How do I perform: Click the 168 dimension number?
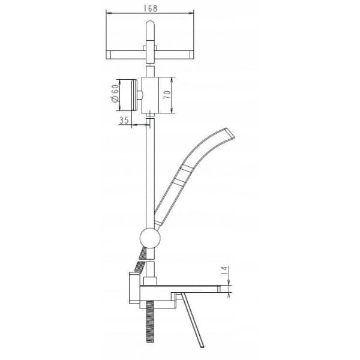click(151, 8)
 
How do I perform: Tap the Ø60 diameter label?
click(115, 93)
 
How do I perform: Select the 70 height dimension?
click(167, 95)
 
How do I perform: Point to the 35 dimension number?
click(124, 120)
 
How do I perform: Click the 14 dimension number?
click(224, 271)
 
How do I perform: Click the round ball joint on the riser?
click(150, 238)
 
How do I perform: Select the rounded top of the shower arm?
click(151, 24)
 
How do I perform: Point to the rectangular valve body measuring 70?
click(150, 95)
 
